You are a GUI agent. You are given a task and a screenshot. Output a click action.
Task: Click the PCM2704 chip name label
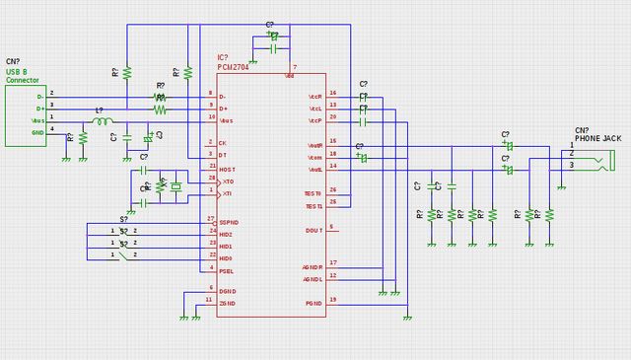(234, 67)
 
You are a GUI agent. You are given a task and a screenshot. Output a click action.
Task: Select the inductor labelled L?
(102, 122)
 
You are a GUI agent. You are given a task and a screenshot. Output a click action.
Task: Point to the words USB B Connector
(22, 76)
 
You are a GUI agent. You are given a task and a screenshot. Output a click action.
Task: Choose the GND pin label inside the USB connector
(37, 132)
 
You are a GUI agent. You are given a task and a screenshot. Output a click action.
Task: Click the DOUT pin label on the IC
(313, 230)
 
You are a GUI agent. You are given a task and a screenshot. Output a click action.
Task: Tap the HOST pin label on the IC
(227, 169)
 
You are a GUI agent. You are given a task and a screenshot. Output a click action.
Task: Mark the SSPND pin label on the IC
(229, 222)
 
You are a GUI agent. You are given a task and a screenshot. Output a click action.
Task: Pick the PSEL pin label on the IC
(227, 269)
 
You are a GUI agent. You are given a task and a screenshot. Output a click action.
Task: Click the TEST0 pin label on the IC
(314, 193)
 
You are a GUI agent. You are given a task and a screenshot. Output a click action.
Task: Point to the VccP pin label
(315, 120)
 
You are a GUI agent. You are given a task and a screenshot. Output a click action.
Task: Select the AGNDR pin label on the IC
(313, 266)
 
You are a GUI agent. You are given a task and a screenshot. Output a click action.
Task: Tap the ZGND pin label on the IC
(227, 303)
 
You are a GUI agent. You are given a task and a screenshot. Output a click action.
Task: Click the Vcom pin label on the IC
(315, 157)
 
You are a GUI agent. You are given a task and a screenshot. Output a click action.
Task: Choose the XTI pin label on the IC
(227, 193)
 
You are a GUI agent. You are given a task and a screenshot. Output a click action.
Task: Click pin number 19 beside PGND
(333, 299)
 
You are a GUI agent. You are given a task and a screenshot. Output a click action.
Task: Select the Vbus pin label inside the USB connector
(37, 120)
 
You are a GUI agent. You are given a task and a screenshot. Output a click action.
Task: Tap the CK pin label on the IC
(223, 144)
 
